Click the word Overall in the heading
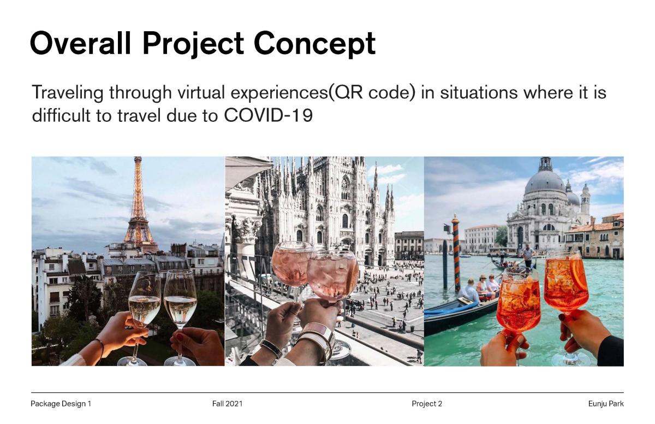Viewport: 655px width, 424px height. pos(80,43)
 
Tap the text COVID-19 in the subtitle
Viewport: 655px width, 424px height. pos(268,115)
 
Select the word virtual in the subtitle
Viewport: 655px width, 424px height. pos(201,92)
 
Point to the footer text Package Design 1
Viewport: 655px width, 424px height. pos(61,404)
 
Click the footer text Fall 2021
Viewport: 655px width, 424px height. pos(227,404)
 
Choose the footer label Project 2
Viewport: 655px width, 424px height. pos(427,404)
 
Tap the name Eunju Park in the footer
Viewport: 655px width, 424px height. pos(606,404)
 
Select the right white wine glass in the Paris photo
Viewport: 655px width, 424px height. pos(180,316)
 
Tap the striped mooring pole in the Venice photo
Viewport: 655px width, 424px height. pos(456,253)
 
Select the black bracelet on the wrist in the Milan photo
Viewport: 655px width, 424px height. pos(271,348)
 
